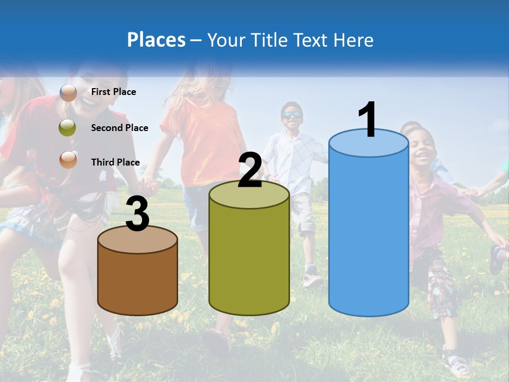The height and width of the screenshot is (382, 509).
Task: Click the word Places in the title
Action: click(x=156, y=40)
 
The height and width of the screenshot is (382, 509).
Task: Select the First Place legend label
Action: click(x=113, y=92)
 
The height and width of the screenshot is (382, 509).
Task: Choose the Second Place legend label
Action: click(x=119, y=128)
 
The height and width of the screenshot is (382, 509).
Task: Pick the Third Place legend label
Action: click(x=115, y=162)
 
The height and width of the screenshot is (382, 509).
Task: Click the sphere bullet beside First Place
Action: click(x=68, y=92)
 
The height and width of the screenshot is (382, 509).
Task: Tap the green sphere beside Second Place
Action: click(x=68, y=128)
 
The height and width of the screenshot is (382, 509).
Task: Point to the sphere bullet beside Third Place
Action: click(x=68, y=159)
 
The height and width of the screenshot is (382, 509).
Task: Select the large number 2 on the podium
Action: click(x=250, y=171)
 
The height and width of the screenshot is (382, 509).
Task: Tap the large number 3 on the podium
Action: click(x=137, y=215)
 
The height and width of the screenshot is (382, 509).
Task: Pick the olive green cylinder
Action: click(x=249, y=260)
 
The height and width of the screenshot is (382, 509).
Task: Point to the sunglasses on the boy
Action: click(x=292, y=115)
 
